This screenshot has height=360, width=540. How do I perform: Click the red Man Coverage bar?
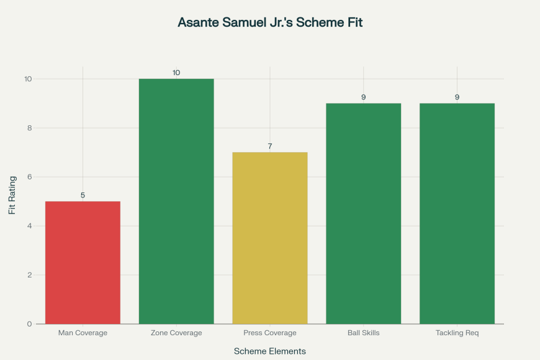coord(83,262)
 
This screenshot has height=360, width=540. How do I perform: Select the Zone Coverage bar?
coord(176,201)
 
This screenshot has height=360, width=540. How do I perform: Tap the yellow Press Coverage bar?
coord(270,238)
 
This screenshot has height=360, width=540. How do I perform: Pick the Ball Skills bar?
coord(363,213)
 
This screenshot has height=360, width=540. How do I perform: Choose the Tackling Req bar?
coord(457,213)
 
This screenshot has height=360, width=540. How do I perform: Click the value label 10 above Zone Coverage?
coord(176,73)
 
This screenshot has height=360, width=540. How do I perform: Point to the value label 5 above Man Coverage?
coord(83,195)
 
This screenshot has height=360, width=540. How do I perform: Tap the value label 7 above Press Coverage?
coord(270,146)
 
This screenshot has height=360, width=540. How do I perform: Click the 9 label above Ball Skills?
coord(363,97)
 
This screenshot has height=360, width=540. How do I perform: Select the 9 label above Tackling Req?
coord(457,97)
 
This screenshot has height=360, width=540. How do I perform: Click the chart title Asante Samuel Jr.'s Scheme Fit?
coord(270,23)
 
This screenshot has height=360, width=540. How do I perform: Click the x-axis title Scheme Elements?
coord(270,351)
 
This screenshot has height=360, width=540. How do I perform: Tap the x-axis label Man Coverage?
coord(83,333)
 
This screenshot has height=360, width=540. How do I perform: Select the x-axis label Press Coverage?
coord(270,333)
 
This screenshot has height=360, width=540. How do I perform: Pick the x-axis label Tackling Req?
coord(457,333)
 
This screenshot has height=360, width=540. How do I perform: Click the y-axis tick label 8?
coord(29,128)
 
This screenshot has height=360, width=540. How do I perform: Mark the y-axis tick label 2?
coord(29,275)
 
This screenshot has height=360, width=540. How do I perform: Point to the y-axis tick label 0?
coord(29,324)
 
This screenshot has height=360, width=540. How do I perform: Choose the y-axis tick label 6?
coord(29,177)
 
